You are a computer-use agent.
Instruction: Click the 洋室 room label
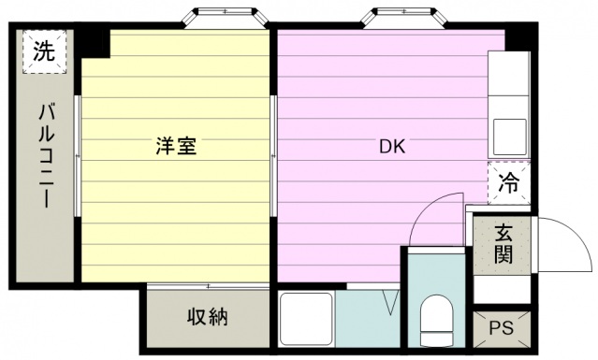pos(176,147)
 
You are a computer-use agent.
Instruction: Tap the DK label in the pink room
pos(391,147)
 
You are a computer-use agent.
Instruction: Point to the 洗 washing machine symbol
pos(43,52)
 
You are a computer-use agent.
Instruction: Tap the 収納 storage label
pos(205,318)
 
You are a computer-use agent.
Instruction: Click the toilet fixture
pos(436,319)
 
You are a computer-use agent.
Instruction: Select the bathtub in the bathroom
pos(305,318)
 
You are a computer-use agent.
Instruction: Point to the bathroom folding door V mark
pos(390,301)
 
